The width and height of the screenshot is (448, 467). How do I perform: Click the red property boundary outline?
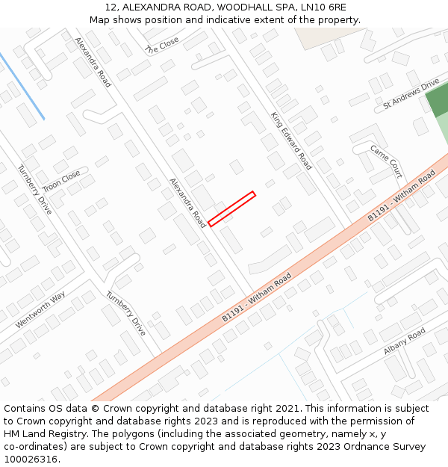pos(232,208)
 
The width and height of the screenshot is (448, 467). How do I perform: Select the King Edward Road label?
pos(291,140)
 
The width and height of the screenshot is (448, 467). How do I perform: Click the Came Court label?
pos(386,161)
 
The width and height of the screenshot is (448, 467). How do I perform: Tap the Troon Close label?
pos(61,181)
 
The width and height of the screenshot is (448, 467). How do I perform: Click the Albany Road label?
pos(404,341)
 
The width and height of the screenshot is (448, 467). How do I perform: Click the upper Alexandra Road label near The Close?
pos(93,63)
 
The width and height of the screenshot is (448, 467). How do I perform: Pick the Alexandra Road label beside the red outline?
pos(187,202)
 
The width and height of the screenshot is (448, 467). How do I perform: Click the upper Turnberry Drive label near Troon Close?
pos(35,189)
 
